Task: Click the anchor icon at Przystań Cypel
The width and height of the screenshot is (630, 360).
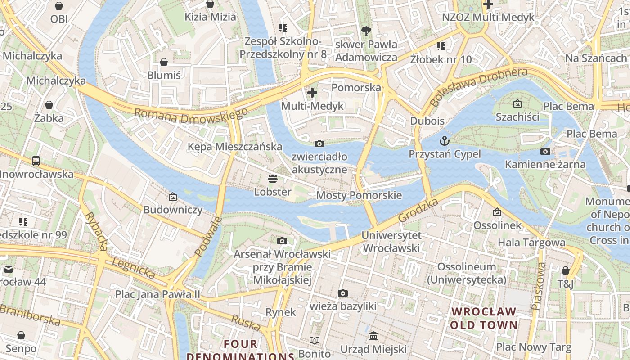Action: (445, 141)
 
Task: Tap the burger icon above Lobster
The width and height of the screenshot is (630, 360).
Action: (272, 179)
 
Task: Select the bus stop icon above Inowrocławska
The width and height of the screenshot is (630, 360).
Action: (36, 161)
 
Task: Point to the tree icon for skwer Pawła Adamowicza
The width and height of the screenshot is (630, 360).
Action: (366, 31)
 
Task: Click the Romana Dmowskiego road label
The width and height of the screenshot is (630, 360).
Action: (191, 117)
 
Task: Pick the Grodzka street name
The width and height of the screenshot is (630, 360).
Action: (418, 211)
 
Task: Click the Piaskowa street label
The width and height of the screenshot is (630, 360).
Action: (538, 286)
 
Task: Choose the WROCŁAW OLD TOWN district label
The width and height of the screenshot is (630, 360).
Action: (484, 318)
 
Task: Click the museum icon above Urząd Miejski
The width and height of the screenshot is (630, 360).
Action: (373, 336)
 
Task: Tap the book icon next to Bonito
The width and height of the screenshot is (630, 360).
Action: (315, 341)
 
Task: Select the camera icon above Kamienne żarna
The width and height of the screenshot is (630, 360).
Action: (545, 151)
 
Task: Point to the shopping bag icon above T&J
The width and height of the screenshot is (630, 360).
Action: (566, 270)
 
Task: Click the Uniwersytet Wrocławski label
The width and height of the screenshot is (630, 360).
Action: (391, 242)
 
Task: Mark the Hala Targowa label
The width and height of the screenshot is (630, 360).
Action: (531, 243)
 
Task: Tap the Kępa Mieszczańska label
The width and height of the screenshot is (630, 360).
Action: (235, 147)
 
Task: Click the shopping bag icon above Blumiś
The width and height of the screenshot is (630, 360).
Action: (164, 62)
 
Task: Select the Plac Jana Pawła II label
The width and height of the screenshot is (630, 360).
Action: (157, 294)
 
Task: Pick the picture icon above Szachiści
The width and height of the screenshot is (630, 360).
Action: (517, 103)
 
